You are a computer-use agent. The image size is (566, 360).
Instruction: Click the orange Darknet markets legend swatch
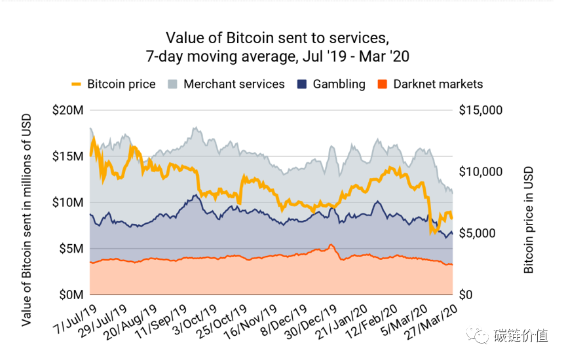click(382, 84)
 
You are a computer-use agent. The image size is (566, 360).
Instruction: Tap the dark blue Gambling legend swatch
click(302, 84)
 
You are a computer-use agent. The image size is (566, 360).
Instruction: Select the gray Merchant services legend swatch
click(172, 84)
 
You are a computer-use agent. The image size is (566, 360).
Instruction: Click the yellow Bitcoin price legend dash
click(76, 84)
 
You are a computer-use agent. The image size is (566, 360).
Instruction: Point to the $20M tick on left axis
click(68, 110)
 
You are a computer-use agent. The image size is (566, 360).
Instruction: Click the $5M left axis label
click(71, 249)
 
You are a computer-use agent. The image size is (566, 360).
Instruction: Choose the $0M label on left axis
click(71, 295)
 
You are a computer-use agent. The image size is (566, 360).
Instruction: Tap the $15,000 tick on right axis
click(480, 110)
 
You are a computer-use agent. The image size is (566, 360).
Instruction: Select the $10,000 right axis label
click(480, 171)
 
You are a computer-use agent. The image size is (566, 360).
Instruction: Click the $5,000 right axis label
click(477, 233)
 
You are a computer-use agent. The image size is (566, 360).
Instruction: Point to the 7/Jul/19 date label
click(75, 319)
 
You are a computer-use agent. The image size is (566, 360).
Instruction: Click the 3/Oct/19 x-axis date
click(195, 319)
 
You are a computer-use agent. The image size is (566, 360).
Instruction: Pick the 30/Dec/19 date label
click(311, 322)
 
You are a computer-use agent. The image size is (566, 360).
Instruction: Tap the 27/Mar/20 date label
click(431, 322)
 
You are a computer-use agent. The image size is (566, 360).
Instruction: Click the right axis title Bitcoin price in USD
click(528, 220)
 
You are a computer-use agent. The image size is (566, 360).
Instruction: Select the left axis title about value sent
click(26, 220)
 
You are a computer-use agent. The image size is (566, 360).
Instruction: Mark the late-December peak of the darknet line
click(331, 245)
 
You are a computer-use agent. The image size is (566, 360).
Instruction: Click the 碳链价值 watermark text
click(521, 336)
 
